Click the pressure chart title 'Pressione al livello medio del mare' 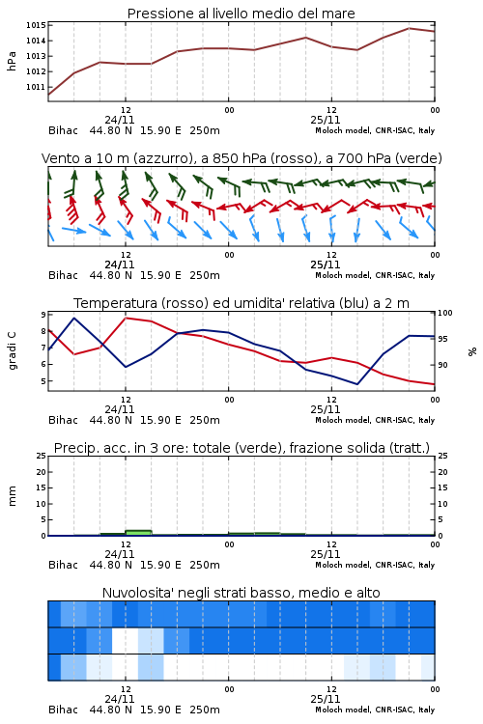(241, 14)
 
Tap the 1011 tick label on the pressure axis (35, 87)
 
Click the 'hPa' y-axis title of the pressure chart (12, 61)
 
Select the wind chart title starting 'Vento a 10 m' (241, 158)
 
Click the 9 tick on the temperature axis (43, 315)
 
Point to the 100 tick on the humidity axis (445, 313)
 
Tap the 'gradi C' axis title (12, 350)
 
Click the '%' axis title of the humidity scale (472, 351)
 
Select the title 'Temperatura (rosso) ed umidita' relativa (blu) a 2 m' (241, 303)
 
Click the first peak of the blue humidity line (74, 318)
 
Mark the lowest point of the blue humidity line (356, 384)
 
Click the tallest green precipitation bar (138, 533)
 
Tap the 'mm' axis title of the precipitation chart (12, 495)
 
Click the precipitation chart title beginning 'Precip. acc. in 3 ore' (241, 448)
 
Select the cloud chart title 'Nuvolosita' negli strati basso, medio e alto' (241, 593)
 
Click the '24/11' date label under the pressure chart (120, 120)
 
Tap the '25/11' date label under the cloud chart (326, 699)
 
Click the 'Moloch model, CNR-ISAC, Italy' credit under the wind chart (375, 275)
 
